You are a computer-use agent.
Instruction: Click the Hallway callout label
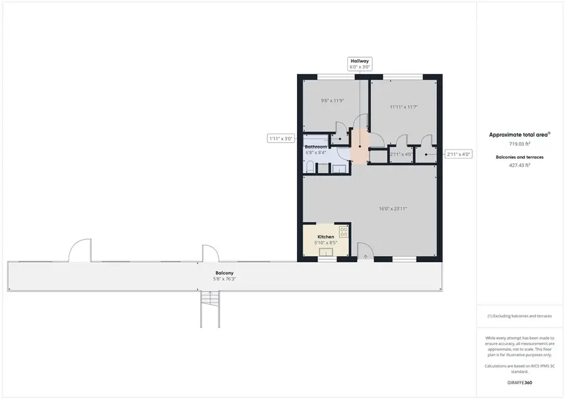point(360,63)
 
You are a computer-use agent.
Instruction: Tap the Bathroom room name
point(316,147)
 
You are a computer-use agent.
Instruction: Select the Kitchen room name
point(325,237)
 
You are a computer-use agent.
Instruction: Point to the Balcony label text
point(224,273)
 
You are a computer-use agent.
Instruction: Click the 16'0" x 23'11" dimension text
point(394,208)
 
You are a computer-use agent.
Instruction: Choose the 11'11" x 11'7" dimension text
point(404,107)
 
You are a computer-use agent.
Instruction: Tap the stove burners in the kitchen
point(343,231)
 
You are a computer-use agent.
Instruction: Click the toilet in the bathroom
point(309,167)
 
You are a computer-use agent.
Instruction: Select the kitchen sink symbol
point(326,252)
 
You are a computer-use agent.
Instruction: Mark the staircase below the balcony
point(210,309)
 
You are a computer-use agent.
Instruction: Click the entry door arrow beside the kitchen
point(365,256)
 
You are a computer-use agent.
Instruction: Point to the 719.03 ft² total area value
point(520,144)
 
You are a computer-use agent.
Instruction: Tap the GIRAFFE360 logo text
point(520,381)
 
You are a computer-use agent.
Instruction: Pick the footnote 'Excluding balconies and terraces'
point(520,317)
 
